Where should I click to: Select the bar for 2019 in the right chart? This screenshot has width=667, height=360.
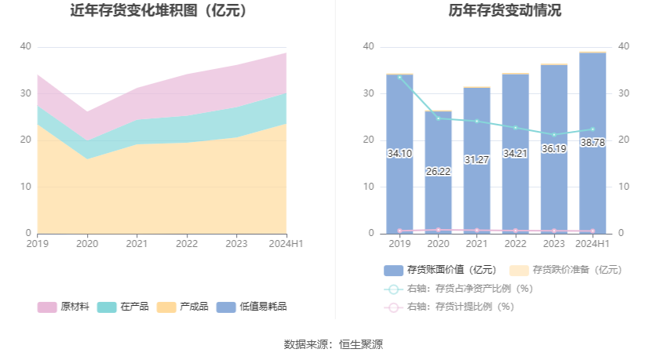pos(399,180)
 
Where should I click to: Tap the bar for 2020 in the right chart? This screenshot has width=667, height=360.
pos(438,196)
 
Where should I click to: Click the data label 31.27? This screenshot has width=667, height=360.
pos(476,160)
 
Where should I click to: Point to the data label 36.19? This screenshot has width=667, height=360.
pos(554,148)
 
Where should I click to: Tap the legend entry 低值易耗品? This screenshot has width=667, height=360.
pos(252,307)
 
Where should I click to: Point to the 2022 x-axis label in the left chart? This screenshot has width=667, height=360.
pos(187,244)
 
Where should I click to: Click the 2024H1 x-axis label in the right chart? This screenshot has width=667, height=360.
pos(592,244)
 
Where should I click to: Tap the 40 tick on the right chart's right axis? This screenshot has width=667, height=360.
pos(625,46)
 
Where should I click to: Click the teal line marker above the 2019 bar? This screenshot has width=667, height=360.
pos(399,77)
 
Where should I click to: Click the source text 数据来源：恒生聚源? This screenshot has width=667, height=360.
pos(333,344)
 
